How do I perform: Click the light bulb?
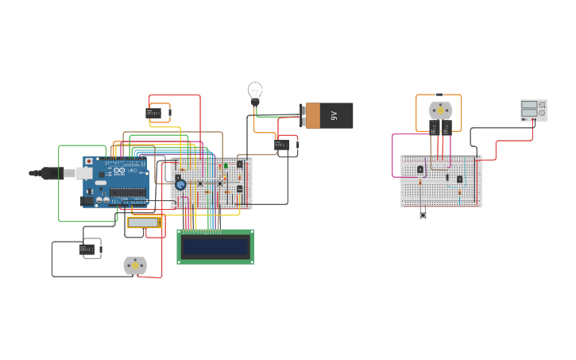[255, 90]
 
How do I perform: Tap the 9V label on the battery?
[334, 115]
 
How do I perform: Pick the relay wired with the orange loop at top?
[153, 113]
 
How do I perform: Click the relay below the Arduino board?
[87, 250]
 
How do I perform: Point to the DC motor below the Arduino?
[135, 265]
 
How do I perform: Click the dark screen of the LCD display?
[215, 247]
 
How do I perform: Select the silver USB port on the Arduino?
[81, 172]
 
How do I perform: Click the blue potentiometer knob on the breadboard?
[180, 184]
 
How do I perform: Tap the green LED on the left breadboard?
[226, 165]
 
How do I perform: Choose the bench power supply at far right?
[533, 110]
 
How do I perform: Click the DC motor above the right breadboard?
[440, 110]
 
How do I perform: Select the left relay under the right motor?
[435, 127]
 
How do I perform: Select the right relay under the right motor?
[446, 127]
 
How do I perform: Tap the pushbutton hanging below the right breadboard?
[423, 213]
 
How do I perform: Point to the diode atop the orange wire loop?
[439, 95]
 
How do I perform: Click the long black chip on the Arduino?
[128, 192]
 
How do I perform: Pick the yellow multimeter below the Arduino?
[144, 223]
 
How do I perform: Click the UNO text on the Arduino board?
[133, 170]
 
